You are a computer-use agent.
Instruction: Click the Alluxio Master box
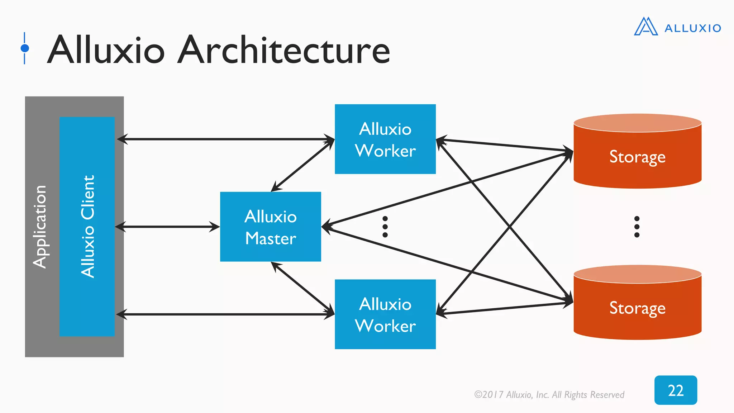pos(270,227)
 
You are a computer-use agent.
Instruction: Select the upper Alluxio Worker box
pos(385,139)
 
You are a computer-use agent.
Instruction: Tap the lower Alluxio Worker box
pos(385,314)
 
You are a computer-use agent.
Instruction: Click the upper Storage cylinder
pos(637,156)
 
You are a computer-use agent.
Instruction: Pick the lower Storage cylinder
pos(637,308)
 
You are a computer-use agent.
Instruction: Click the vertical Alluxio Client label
pos(87,227)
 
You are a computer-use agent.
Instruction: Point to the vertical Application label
pos(39,227)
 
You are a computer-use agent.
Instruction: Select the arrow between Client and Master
pos(167,227)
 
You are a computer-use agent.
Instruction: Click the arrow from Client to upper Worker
pos(226,139)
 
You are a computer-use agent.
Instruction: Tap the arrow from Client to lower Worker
pos(226,314)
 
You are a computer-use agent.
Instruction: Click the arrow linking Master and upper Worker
pos(303,166)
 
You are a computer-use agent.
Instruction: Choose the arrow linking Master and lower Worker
pos(303,288)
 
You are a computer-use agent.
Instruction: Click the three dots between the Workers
pos(385,227)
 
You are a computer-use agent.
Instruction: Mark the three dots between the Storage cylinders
pos(637,227)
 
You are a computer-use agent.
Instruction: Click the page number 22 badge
pos(676,390)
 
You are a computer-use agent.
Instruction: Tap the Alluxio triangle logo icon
pos(645,27)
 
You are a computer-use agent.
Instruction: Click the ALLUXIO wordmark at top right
pos(692,28)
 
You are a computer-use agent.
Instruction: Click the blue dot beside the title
pos(25,48)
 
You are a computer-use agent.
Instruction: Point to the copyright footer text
pos(549,395)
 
